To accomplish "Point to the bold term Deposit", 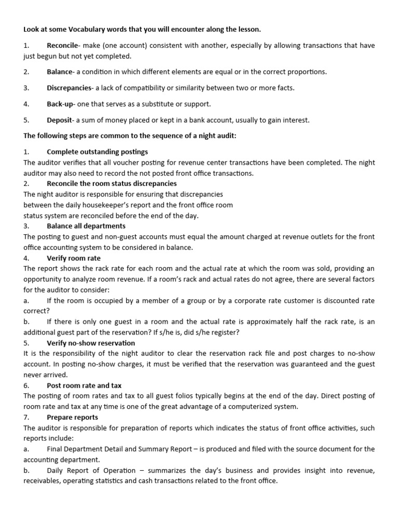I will [59, 120].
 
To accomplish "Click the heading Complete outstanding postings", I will [97, 152].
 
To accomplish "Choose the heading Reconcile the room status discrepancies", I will [112, 183].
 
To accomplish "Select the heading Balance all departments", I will [86, 226].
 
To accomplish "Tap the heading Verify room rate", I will [74, 258].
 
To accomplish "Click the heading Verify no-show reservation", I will [91, 343].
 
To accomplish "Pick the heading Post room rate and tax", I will [84, 385].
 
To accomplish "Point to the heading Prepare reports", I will [72, 417].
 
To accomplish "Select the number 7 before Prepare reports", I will [26, 417].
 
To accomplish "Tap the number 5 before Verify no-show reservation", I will [26, 343].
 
